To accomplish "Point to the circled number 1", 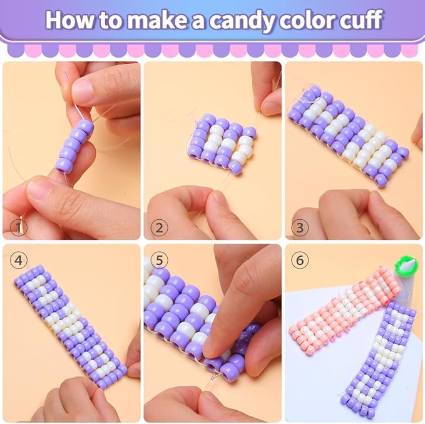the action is (x=18, y=227).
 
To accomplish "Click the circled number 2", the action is (x=159, y=227).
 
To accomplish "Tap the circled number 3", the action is (x=300, y=227).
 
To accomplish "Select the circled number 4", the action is (x=18, y=261).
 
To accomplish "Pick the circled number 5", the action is (x=159, y=261).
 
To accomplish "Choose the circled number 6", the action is (x=300, y=261).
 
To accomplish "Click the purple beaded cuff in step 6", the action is (x=379, y=360).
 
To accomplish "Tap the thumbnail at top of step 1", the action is (x=83, y=89).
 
